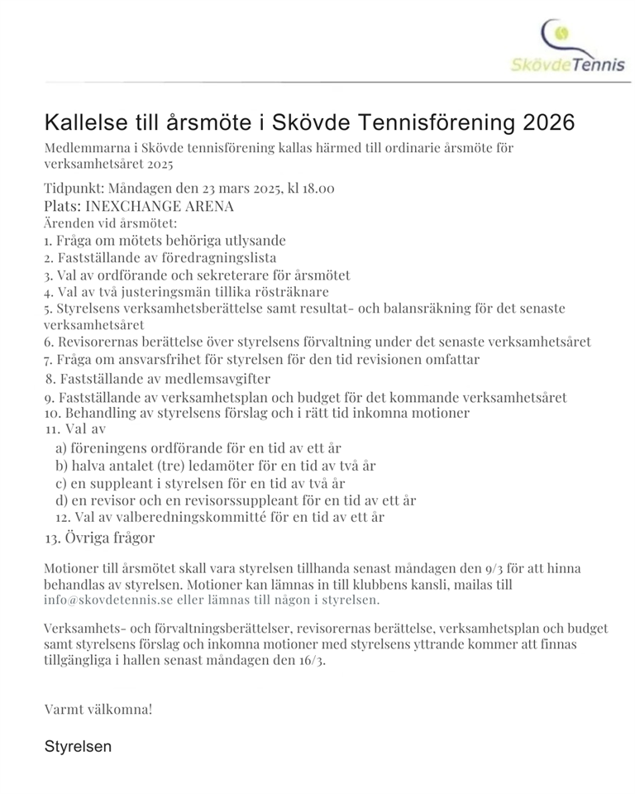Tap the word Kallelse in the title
pos(82,122)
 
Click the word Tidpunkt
pos(73,189)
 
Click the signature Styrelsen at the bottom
pos(78,746)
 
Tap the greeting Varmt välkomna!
pos(98,709)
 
